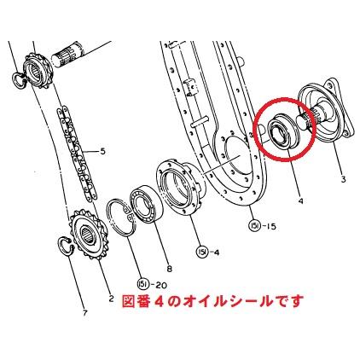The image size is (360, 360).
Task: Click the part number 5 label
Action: [102, 151]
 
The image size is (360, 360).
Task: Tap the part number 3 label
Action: [343, 179]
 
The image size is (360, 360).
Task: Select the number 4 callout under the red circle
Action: [300, 201]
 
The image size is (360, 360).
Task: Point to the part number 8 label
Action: [170, 269]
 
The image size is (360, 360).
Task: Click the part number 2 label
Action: [111, 299]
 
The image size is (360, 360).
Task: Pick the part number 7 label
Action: [84, 313]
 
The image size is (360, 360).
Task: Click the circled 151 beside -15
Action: [254, 226]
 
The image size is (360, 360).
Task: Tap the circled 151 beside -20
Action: [142, 284]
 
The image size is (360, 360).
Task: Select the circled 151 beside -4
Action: [201, 252]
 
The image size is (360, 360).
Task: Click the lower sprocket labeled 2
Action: [88, 234]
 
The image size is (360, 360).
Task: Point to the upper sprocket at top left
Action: [38, 71]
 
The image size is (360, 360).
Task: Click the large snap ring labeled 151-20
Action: [110, 218]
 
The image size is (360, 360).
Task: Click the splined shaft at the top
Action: [69, 55]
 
